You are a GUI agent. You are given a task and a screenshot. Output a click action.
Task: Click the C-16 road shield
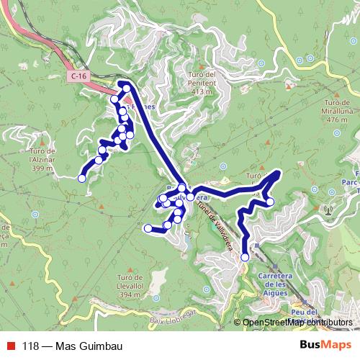[x=80, y=75]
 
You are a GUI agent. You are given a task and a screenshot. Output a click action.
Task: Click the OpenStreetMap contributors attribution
[x=298, y=322]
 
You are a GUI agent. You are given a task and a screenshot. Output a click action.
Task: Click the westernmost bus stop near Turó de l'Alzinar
[x=82, y=177]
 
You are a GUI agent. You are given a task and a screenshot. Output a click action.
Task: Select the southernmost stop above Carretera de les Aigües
[x=245, y=256]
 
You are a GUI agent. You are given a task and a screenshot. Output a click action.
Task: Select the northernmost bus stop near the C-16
[x=127, y=88]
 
